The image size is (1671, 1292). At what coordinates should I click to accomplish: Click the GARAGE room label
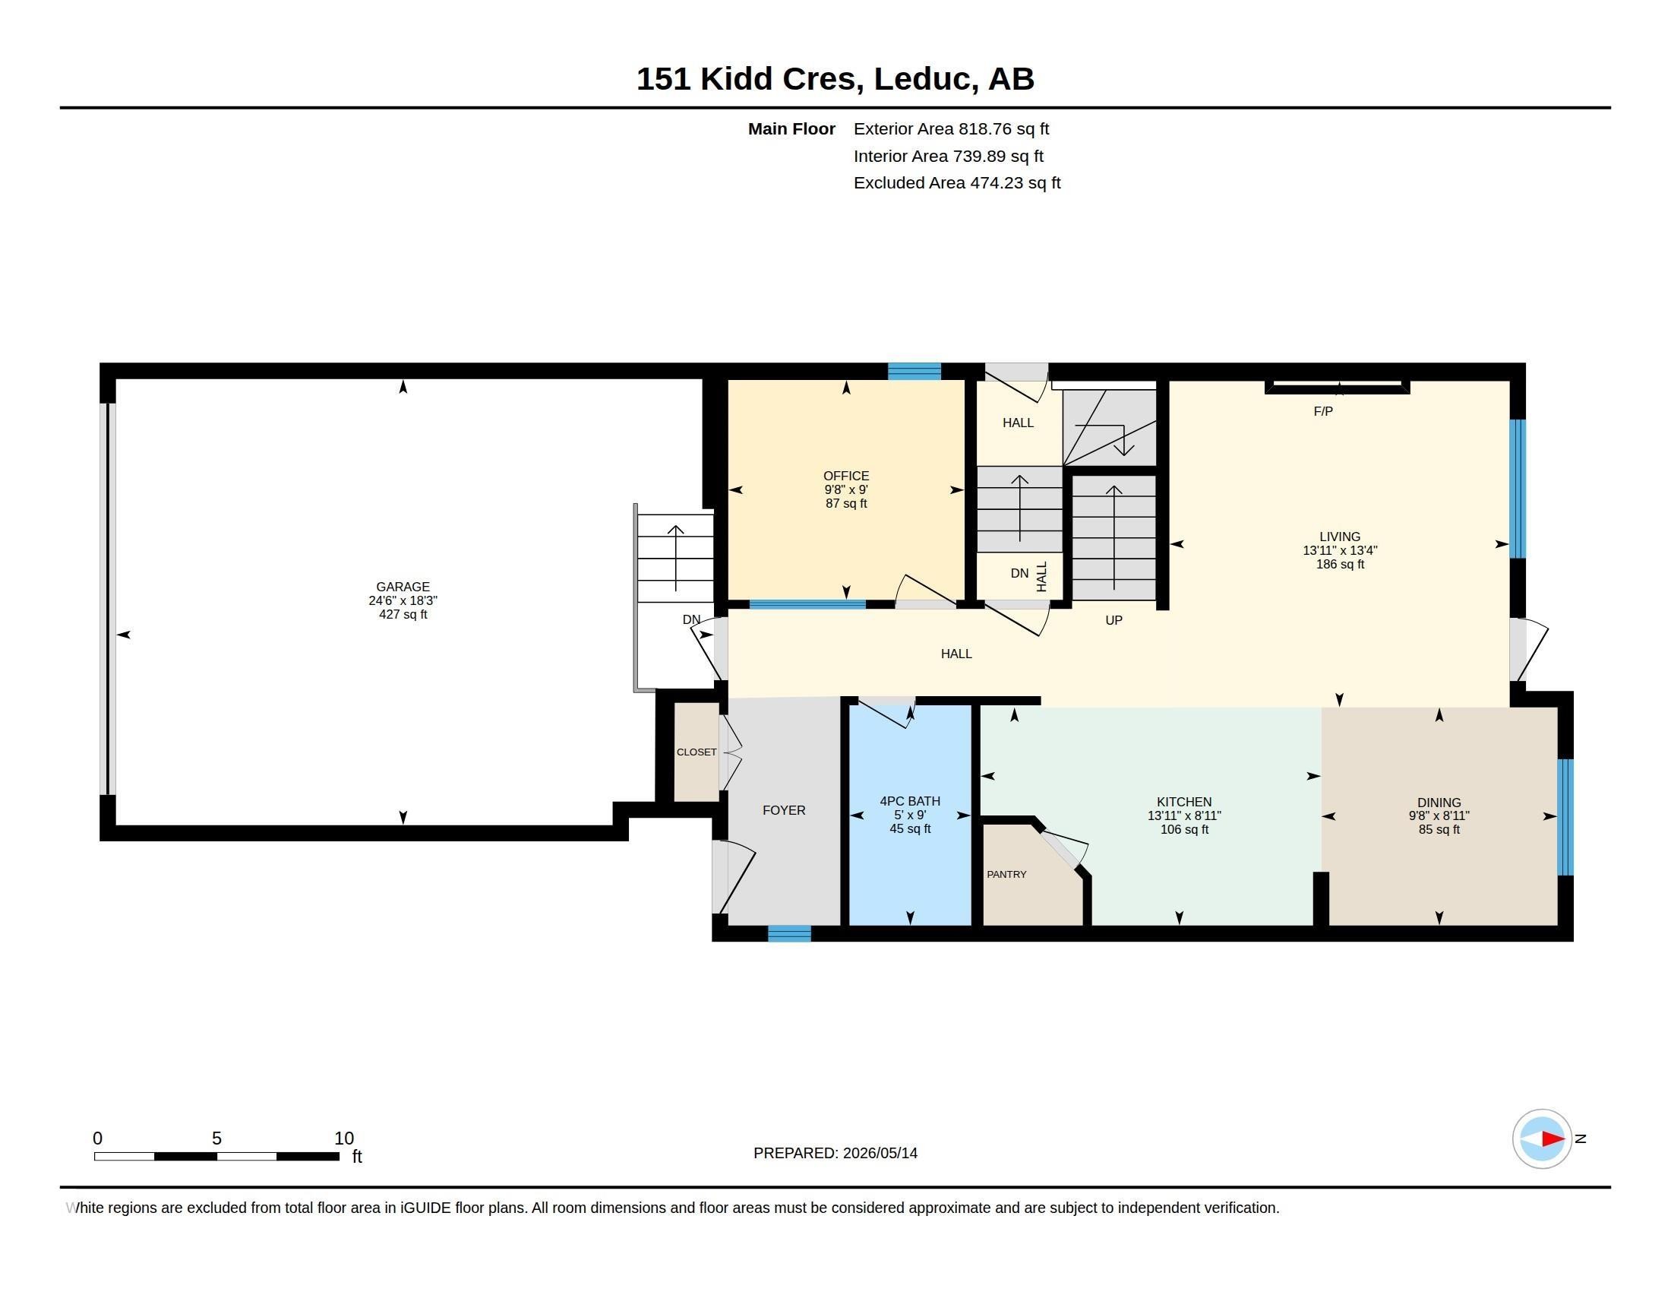pos(403,587)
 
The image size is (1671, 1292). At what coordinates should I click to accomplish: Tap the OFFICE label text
pos(845,476)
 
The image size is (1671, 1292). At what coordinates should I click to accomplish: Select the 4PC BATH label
pos(910,801)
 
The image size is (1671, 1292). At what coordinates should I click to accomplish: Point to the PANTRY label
pos(1006,874)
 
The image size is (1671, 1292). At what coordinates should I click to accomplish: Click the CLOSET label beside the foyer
pos(697,752)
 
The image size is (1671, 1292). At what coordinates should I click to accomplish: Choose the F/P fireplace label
pos(1323,412)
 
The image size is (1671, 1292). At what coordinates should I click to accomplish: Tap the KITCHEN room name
pos(1183,802)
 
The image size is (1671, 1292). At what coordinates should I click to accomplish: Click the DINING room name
pos(1439,803)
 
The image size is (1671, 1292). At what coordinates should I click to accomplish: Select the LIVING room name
pos(1340,537)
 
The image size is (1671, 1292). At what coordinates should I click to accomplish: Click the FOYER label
pos(784,811)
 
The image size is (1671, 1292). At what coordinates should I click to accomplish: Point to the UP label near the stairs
pos(1113,621)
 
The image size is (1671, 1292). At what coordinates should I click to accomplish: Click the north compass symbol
pos(1541,1138)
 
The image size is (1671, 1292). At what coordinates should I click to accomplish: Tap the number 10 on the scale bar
pos(343,1138)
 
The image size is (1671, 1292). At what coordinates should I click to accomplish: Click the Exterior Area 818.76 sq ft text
pos(951,129)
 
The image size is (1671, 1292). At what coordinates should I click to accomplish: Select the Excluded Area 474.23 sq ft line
pos(957,183)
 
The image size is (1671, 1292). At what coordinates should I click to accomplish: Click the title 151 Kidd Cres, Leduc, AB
pos(835,79)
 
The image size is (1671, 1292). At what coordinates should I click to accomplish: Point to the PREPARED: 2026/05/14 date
pos(835,1153)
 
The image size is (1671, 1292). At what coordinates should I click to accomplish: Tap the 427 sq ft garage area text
pos(403,615)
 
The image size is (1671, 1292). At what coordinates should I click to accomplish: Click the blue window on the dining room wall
pos(1565,817)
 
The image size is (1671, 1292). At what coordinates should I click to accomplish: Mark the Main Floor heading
pos(791,129)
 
